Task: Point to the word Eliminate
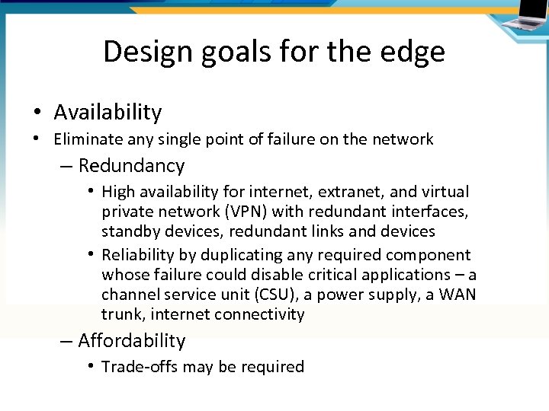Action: [x=88, y=139]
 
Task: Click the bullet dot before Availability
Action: [x=37, y=113]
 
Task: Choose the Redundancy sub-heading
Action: [x=131, y=165]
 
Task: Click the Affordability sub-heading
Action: [x=131, y=340]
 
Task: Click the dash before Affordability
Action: [x=66, y=340]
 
